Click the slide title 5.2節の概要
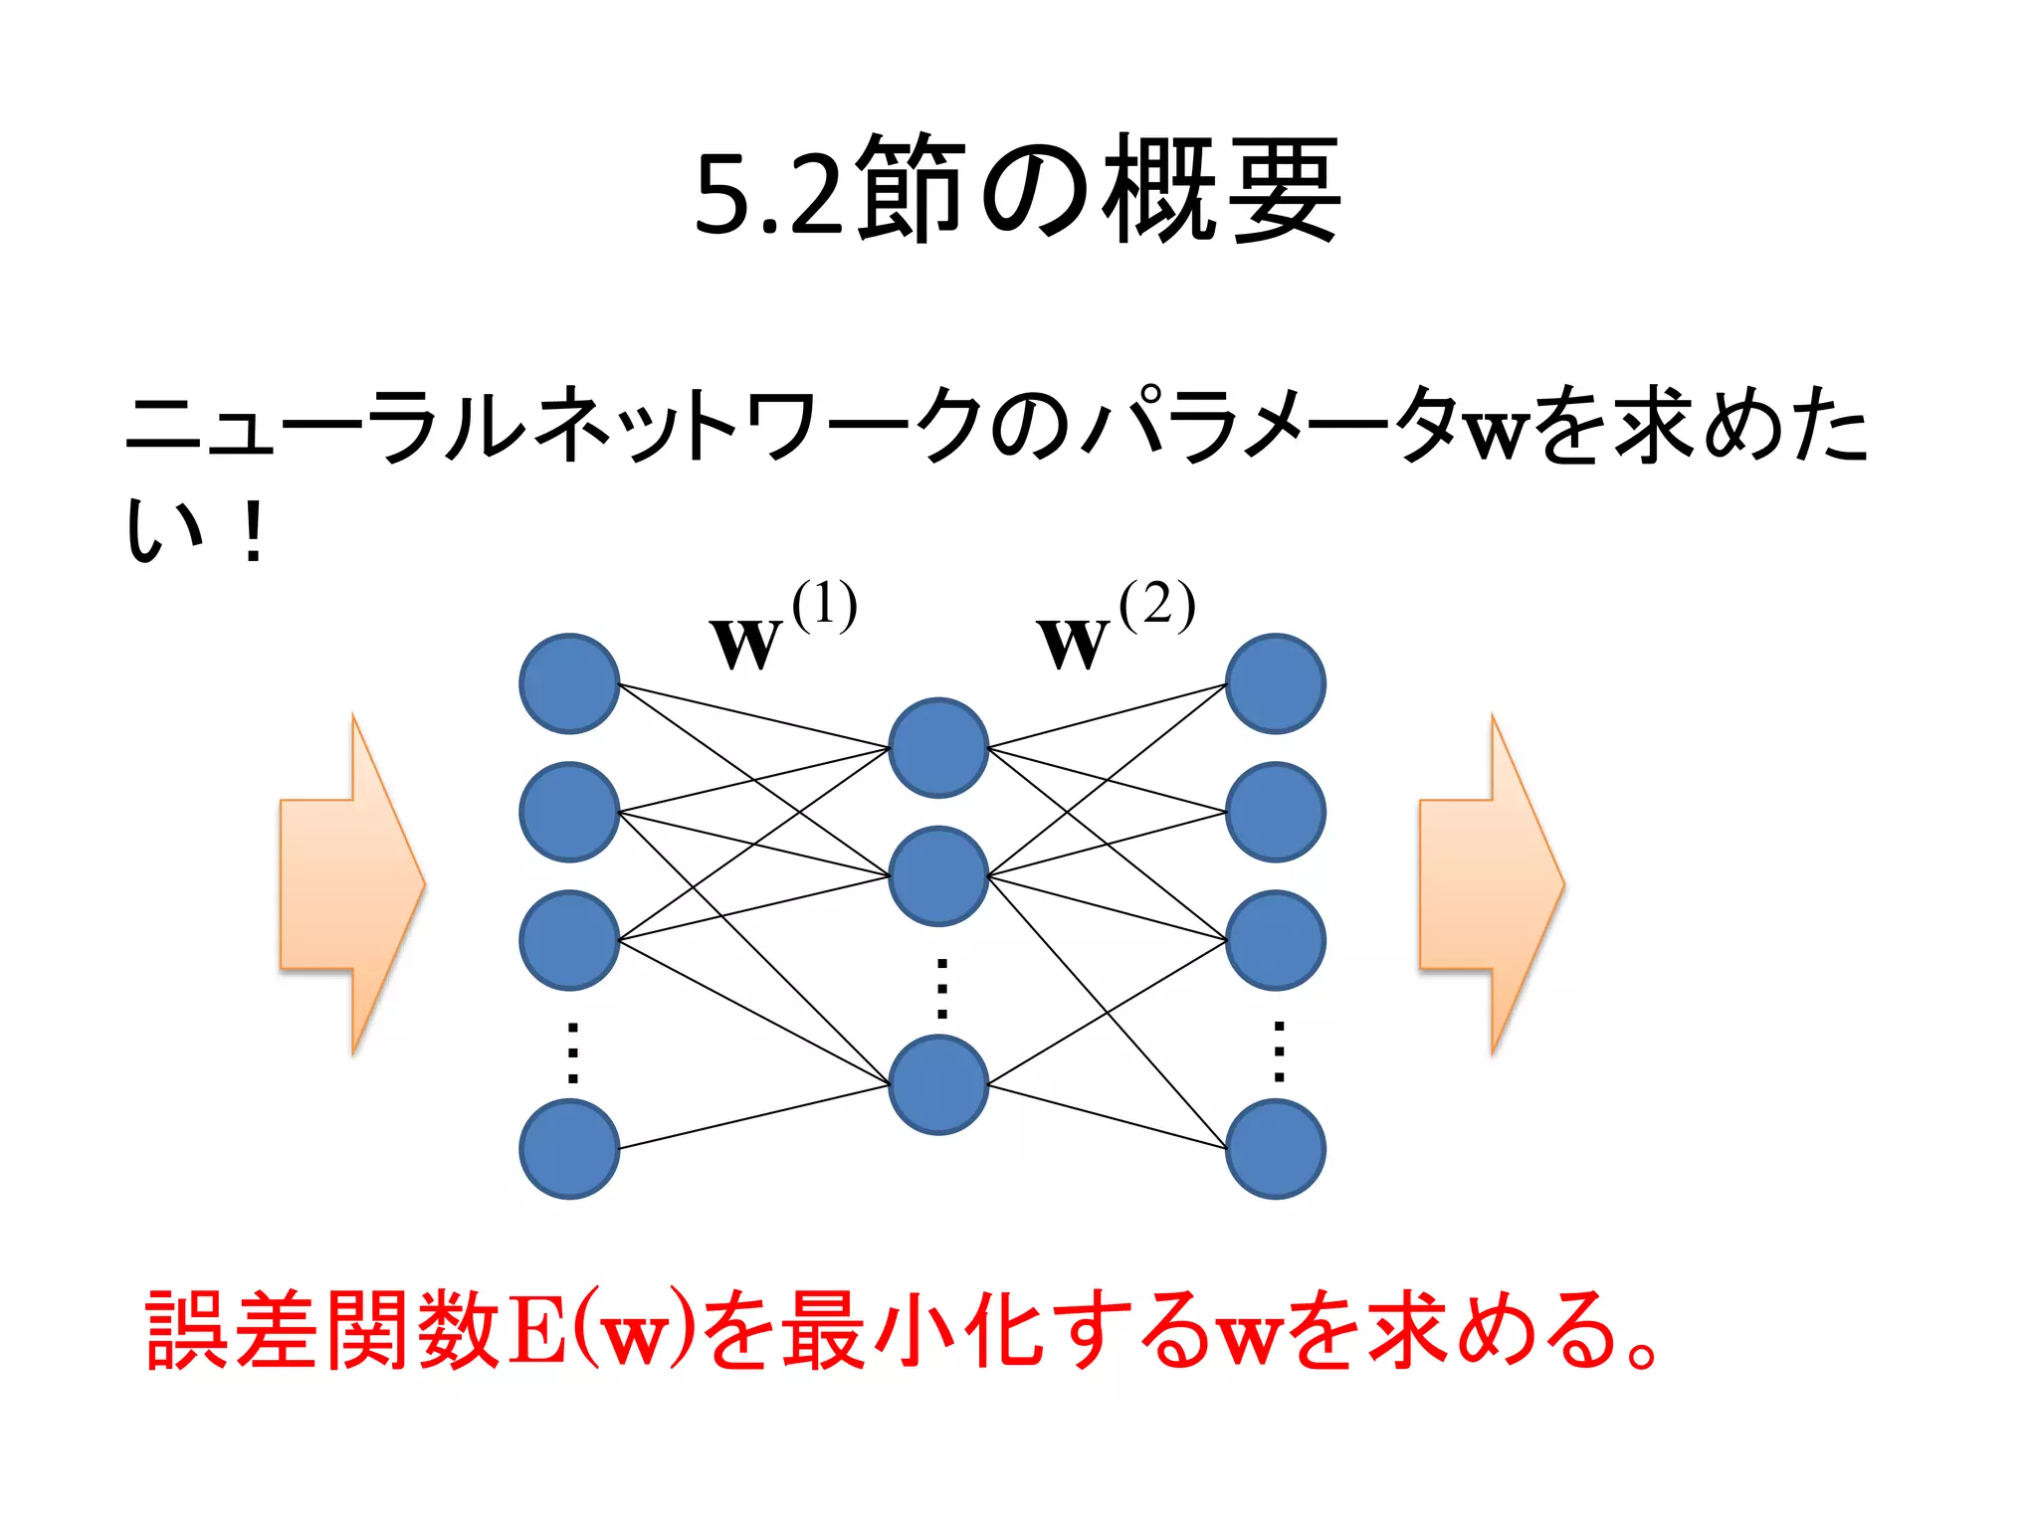pyautogui.click(x=1019, y=189)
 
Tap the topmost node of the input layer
pyautogui.click(x=569, y=683)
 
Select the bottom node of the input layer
pyautogui.click(x=569, y=1149)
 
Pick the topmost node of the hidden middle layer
pyautogui.click(x=938, y=748)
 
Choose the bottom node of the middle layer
pyautogui.click(x=938, y=1084)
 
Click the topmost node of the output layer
pyautogui.click(x=1275, y=683)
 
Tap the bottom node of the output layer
pyautogui.click(x=1275, y=1149)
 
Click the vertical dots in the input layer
pyautogui.click(x=572, y=1051)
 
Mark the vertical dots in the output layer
pyautogui.click(x=1279, y=1051)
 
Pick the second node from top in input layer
pyautogui.click(x=569, y=812)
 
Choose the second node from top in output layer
pyautogui.click(x=1275, y=812)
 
